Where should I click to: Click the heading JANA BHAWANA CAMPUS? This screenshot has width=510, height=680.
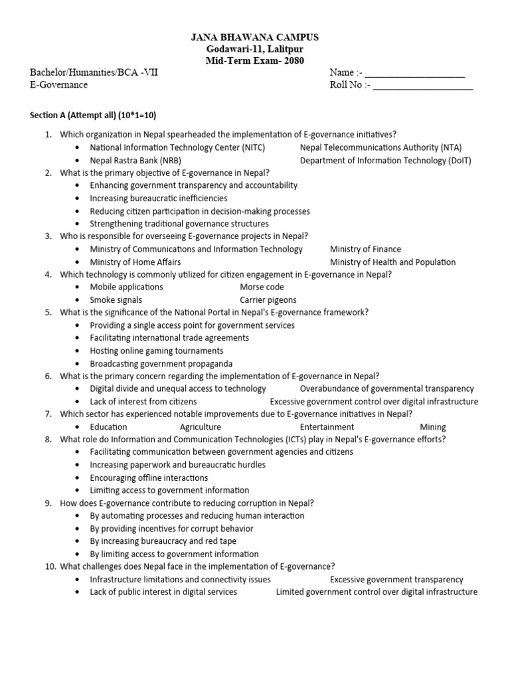(x=254, y=38)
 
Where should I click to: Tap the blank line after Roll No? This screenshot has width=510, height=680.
(x=423, y=86)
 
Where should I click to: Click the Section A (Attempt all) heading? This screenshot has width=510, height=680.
(x=93, y=115)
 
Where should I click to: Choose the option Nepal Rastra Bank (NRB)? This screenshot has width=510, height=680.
(x=135, y=160)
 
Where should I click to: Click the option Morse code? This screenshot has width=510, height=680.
(x=262, y=287)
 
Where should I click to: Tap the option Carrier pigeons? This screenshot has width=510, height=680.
(x=268, y=300)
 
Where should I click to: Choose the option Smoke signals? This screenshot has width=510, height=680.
(x=116, y=300)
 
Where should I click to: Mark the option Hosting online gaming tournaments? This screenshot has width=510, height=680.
(x=157, y=351)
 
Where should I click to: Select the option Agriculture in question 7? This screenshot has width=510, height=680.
(x=200, y=427)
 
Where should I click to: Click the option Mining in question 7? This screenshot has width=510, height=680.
(x=433, y=427)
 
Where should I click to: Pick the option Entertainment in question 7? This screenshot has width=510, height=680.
(x=327, y=427)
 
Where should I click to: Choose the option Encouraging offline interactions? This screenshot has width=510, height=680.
(x=149, y=477)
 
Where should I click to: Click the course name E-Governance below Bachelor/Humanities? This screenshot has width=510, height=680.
(x=58, y=85)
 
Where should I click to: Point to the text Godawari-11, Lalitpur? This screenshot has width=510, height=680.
(x=254, y=50)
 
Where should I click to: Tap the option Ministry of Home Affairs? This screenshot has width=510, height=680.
(x=135, y=262)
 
